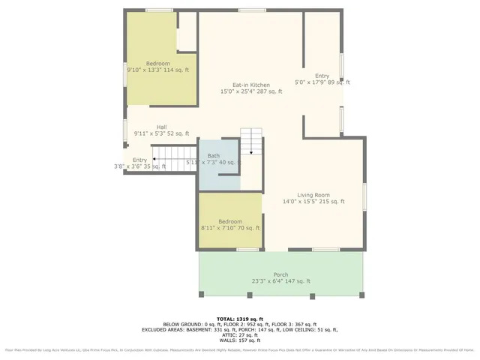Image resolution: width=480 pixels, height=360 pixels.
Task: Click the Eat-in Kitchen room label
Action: click(x=250, y=85)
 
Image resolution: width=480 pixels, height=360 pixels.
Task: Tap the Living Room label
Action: click(x=313, y=193)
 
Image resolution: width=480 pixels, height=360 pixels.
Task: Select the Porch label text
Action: click(x=280, y=274)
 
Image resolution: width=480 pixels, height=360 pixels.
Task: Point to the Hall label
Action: click(x=161, y=127)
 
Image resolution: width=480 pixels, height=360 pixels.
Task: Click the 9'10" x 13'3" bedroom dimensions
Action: click(x=157, y=70)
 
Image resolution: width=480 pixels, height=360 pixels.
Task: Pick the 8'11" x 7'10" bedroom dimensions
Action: click(x=230, y=228)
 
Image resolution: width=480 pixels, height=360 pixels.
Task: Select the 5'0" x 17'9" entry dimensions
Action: click(x=322, y=83)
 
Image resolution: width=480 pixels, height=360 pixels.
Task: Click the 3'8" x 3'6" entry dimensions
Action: click(x=139, y=166)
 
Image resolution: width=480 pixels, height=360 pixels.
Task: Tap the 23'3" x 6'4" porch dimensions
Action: click(x=280, y=281)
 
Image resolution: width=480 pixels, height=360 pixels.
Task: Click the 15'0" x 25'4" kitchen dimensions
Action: click(x=250, y=91)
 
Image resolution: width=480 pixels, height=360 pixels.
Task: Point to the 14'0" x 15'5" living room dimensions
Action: click(x=313, y=201)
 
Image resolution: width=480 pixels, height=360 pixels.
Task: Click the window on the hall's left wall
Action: click(x=125, y=129)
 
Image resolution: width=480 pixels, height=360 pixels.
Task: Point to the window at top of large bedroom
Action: click(x=159, y=10)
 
